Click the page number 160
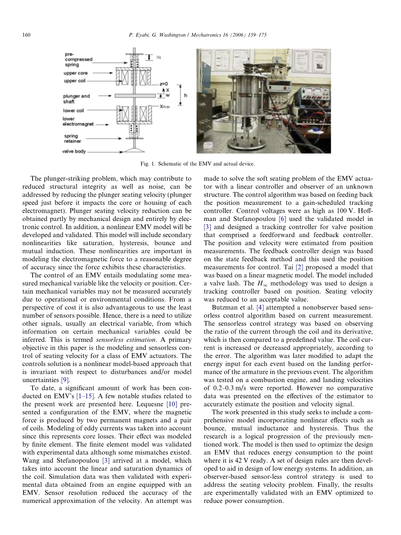26,35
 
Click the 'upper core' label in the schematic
75,73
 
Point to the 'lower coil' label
73,110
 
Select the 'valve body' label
74,152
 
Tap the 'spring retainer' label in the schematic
72,138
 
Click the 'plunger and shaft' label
76,98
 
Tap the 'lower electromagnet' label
76,121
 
